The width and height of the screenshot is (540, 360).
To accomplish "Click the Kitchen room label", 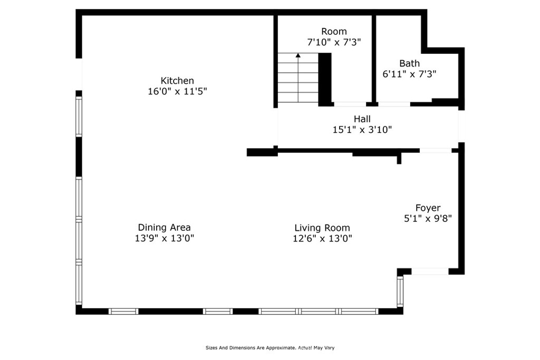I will [x=177, y=81].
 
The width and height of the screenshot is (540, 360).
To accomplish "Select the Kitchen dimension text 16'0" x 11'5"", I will [x=177, y=91].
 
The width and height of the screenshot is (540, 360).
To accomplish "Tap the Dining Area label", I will [x=164, y=227].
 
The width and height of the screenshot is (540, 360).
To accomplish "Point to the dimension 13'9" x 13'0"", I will [x=164, y=238].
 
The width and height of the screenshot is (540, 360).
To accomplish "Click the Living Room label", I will [x=322, y=228].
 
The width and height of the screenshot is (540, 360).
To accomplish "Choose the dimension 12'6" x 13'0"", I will [x=322, y=238].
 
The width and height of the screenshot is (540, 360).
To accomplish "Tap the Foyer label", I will [x=428, y=208].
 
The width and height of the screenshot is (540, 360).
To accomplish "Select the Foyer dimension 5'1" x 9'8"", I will [x=428, y=218].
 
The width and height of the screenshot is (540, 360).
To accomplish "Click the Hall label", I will [x=362, y=119].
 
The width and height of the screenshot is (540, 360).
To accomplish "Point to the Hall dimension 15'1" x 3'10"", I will [x=362, y=129].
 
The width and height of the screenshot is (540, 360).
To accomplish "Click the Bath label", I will [x=409, y=63].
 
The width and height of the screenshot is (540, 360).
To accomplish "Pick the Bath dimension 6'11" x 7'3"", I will [x=409, y=74].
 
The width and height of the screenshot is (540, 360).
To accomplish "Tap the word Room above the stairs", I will [x=334, y=32].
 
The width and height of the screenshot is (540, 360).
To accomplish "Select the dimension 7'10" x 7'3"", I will [x=334, y=42].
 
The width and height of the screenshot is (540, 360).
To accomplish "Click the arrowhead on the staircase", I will [x=298, y=55].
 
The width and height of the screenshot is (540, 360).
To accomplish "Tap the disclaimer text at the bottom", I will [x=269, y=348].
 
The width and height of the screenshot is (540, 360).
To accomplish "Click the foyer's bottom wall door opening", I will [x=430, y=271].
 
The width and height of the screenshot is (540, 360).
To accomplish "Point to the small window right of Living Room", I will [x=400, y=291].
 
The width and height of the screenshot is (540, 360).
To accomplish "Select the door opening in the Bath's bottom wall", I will [x=394, y=104].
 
